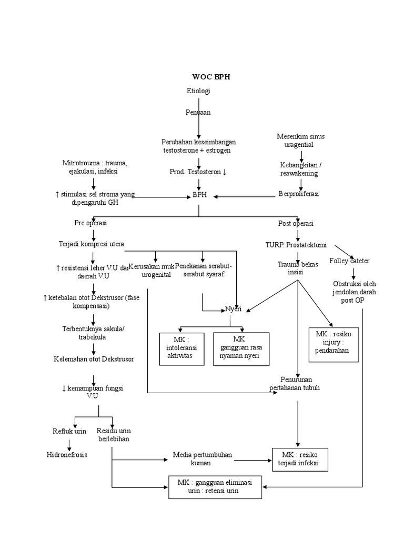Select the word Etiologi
[198, 91]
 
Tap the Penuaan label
[198, 112]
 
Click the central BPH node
[199, 194]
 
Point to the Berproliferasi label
[298, 194]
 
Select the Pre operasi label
[90, 223]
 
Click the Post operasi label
[296, 224]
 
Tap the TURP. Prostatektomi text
[296, 245]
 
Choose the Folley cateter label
[349, 261]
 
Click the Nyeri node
[233, 309]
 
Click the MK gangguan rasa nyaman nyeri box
[241, 348]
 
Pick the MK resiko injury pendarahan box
[334, 345]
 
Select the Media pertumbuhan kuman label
[202, 458]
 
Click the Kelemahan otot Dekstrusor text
[94, 359]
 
